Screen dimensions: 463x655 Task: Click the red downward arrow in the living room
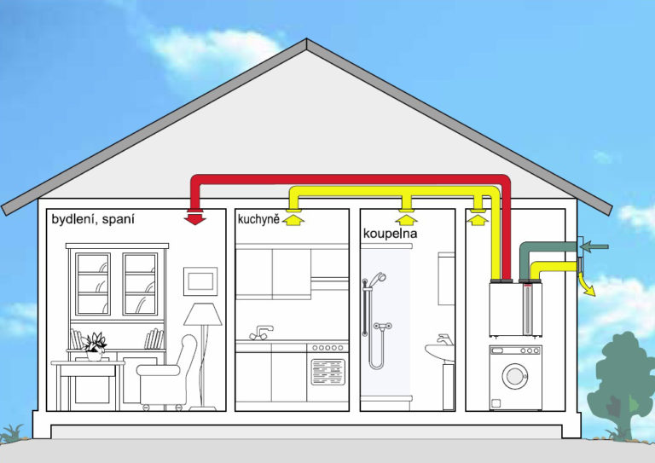(x=195, y=217)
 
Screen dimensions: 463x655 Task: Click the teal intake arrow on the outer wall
(x=595, y=247)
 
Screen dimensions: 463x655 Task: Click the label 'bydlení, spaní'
(x=93, y=219)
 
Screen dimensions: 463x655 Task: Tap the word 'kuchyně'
(x=258, y=220)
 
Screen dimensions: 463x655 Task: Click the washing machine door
(x=514, y=375)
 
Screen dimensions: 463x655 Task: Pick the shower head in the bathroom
(x=378, y=278)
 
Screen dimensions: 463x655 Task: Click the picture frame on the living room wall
(x=200, y=280)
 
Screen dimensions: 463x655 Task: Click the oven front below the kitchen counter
(x=327, y=373)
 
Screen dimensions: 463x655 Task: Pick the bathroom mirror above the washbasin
(x=446, y=278)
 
